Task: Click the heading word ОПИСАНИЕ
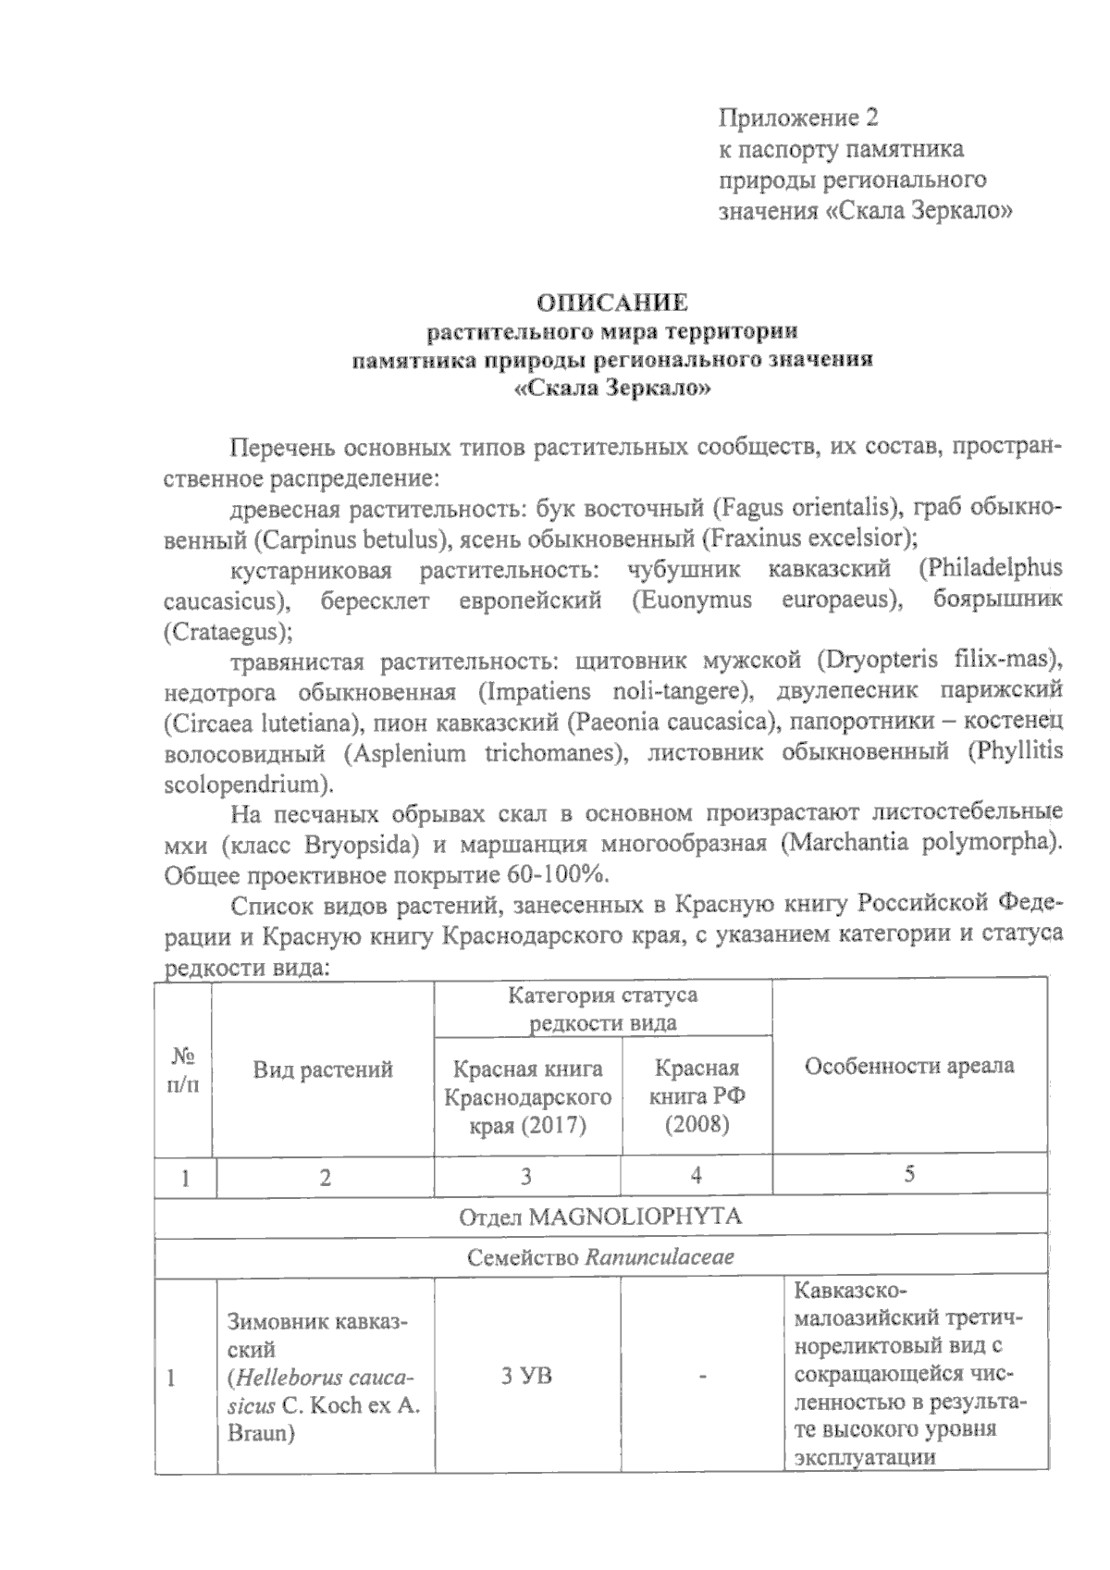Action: pos(613,303)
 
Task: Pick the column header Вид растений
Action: pos(323,1069)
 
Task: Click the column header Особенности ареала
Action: pos(909,1066)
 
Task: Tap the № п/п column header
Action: pos(183,1069)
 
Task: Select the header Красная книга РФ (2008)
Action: pos(697,1096)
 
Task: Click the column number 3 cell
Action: pos(526,1177)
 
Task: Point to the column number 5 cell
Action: pos(909,1175)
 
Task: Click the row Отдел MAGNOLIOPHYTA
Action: pos(600,1217)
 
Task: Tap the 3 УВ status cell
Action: pos(526,1376)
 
